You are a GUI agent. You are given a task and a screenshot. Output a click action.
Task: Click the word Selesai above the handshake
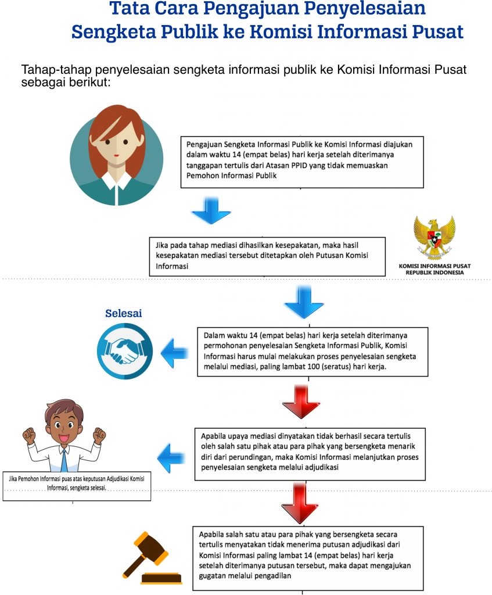(123, 314)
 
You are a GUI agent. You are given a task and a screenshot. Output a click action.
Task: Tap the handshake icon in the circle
(125, 352)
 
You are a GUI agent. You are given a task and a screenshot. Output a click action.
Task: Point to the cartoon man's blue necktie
(63, 458)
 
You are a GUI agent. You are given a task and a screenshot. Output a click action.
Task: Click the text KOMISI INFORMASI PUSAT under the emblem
(434, 266)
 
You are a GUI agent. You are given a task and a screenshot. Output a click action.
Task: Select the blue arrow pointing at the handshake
(174, 353)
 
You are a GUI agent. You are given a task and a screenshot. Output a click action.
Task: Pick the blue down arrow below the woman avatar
(211, 210)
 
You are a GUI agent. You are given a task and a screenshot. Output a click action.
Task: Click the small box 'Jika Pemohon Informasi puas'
(77, 483)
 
